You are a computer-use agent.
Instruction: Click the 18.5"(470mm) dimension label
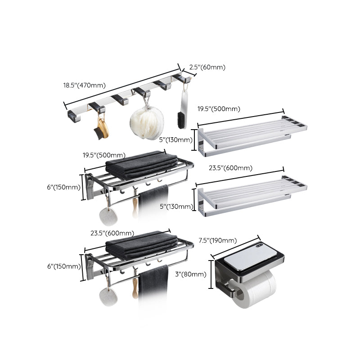coord(84,85)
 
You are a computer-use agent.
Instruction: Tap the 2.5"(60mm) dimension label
coord(207,67)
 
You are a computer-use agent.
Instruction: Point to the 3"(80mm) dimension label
coord(191,274)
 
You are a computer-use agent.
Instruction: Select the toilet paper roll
coord(256,291)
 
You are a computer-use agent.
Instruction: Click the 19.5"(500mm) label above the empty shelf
coord(219,109)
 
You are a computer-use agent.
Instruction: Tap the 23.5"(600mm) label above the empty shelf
coord(230,168)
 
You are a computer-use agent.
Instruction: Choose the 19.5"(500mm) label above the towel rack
coord(104,156)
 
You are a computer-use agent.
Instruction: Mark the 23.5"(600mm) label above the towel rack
coord(112,233)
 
